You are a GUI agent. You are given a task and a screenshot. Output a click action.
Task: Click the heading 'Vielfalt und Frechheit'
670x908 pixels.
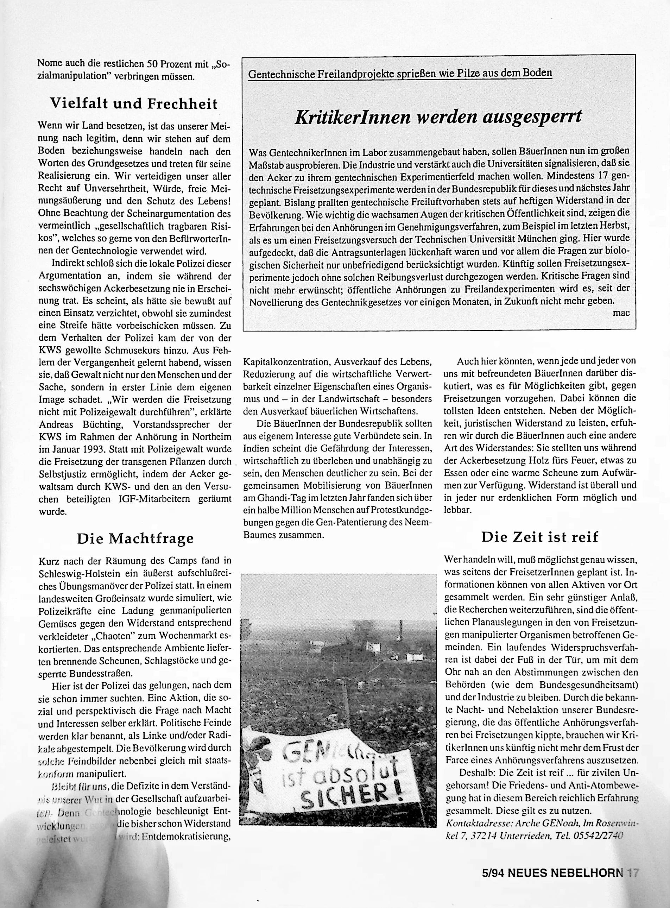[133, 104]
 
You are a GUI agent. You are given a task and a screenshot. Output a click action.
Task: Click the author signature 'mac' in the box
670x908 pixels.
[621, 313]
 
